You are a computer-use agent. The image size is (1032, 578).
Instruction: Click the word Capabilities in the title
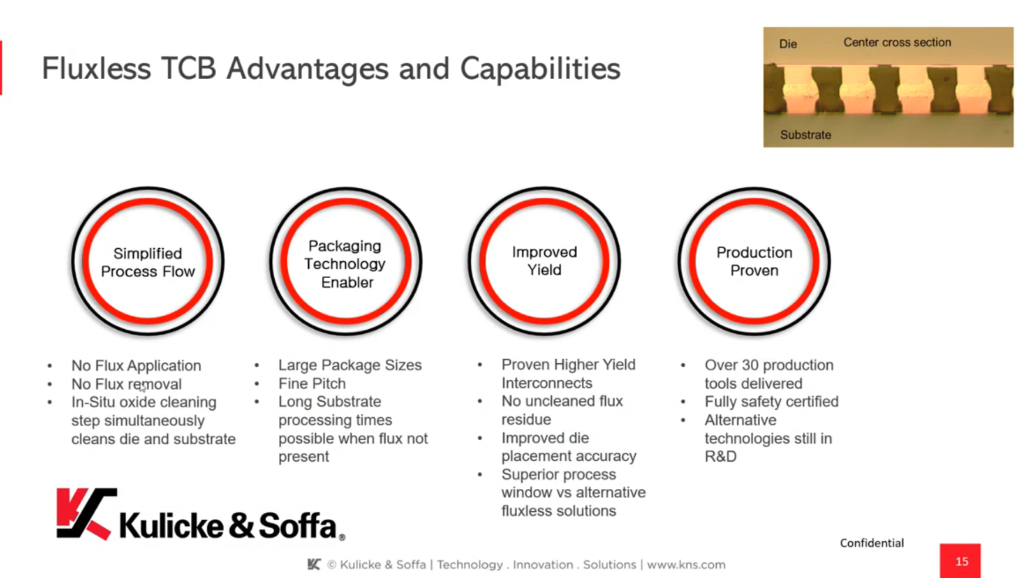tap(539, 69)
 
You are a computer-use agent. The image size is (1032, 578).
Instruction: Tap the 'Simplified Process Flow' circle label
tap(148, 262)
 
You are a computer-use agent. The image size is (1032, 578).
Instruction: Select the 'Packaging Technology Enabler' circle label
tap(345, 264)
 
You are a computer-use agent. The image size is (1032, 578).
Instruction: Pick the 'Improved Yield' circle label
tap(544, 261)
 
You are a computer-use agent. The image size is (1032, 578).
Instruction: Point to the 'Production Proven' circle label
tap(754, 261)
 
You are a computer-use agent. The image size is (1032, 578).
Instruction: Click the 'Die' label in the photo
tap(788, 44)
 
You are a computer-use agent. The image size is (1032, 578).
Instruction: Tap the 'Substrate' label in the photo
tap(805, 135)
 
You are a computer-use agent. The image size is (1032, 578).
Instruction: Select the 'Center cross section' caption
tap(897, 42)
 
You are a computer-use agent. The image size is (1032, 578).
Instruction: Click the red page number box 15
tap(960, 561)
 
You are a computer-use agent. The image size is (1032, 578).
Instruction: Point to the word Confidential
tap(872, 543)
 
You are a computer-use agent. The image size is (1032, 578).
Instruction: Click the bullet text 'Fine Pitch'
tap(312, 384)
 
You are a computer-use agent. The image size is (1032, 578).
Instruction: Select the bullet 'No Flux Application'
tap(136, 366)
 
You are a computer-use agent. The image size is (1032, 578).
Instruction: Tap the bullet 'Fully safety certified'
tap(771, 402)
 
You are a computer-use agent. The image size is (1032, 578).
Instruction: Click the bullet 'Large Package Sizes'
tap(350, 365)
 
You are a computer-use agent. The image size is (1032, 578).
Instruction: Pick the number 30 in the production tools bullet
tap(750, 365)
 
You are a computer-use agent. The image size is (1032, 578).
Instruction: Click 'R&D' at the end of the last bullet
tap(720, 457)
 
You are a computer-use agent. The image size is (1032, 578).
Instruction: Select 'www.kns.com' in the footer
tap(686, 565)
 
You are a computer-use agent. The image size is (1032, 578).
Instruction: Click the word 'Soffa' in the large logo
tap(298, 525)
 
